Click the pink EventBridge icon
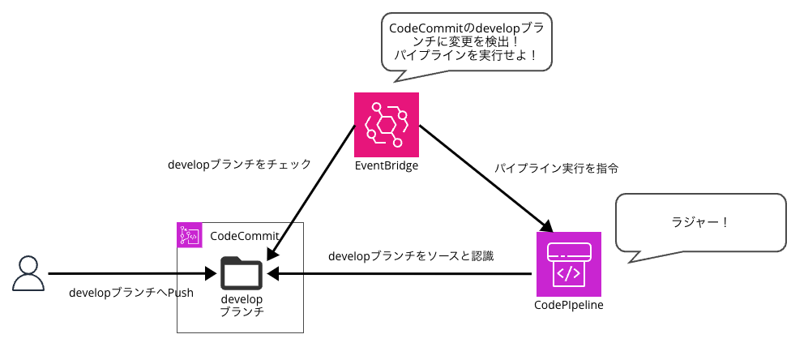[x=387, y=124]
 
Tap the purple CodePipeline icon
[x=568, y=264]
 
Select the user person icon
[x=28, y=273]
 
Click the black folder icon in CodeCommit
[x=242, y=272]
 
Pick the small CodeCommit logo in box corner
[x=189, y=235]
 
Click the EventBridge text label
[x=387, y=167]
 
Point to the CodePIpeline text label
[x=568, y=306]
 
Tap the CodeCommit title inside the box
[x=242, y=236]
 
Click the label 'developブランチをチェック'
[x=239, y=165]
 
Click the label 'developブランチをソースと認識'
[x=411, y=256]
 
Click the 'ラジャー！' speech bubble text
[x=700, y=221]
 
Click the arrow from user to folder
[x=130, y=274]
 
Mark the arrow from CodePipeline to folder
[x=405, y=274]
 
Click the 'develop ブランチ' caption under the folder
[x=242, y=306]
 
